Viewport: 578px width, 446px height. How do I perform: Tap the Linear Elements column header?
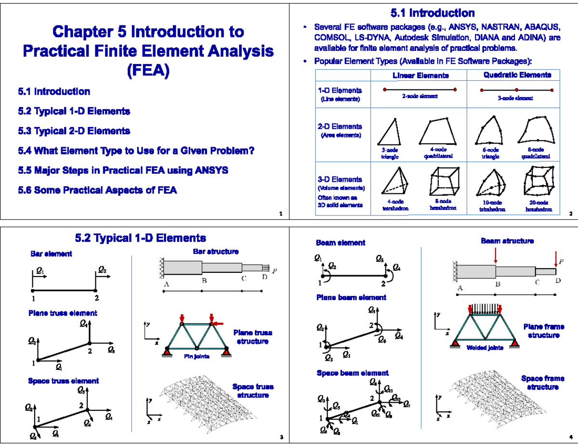click(420, 76)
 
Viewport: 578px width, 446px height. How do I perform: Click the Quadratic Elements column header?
click(517, 75)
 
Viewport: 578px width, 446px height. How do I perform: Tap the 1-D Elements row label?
click(340, 90)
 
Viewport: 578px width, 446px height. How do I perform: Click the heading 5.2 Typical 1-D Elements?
click(140, 238)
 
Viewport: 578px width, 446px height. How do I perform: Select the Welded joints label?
click(484, 348)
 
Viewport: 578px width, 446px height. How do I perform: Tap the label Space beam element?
click(352, 373)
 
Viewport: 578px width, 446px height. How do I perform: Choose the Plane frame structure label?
click(543, 331)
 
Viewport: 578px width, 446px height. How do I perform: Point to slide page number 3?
click(281, 437)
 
